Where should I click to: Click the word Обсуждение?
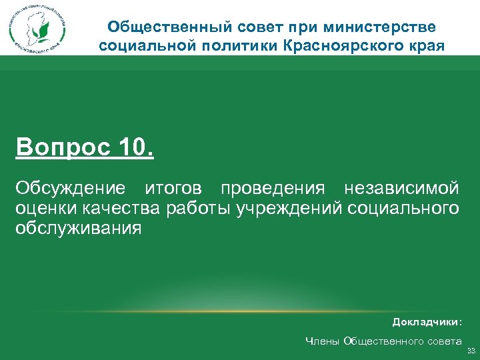click(x=71, y=189)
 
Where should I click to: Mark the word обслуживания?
click(x=79, y=228)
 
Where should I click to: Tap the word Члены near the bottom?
click(x=321, y=341)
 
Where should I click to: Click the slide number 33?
click(x=471, y=351)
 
